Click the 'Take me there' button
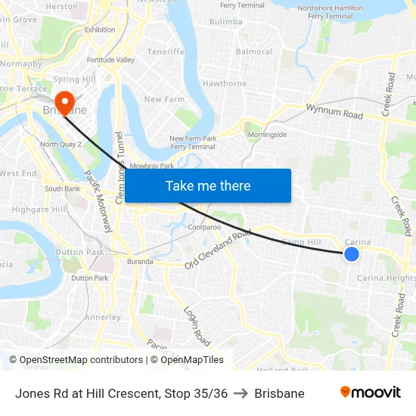(x=208, y=185)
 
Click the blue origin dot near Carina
(x=351, y=254)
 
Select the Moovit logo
(x=370, y=393)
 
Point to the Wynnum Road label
(x=334, y=112)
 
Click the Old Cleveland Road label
(x=218, y=250)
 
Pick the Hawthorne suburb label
(x=225, y=83)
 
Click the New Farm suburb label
(x=164, y=99)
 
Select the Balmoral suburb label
(x=254, y=52)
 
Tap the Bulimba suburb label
(x=225, y=22)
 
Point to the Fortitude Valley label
(x=110, y=60)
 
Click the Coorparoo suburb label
(x=204, y=227)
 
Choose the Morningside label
(x=269, y=135)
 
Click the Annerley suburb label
(x=102, y=318)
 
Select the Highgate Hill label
(x=39, y=209)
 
